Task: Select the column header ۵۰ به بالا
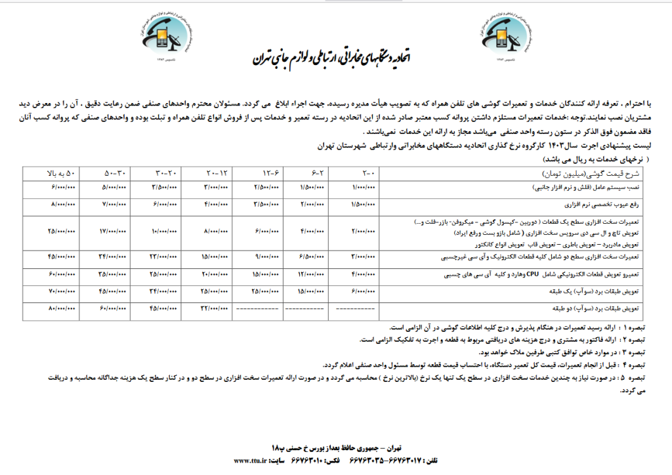(x=62, y=173)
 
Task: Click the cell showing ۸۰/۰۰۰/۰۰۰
(x=62, y=308)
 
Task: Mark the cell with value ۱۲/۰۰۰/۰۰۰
(x=309, y=274)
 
